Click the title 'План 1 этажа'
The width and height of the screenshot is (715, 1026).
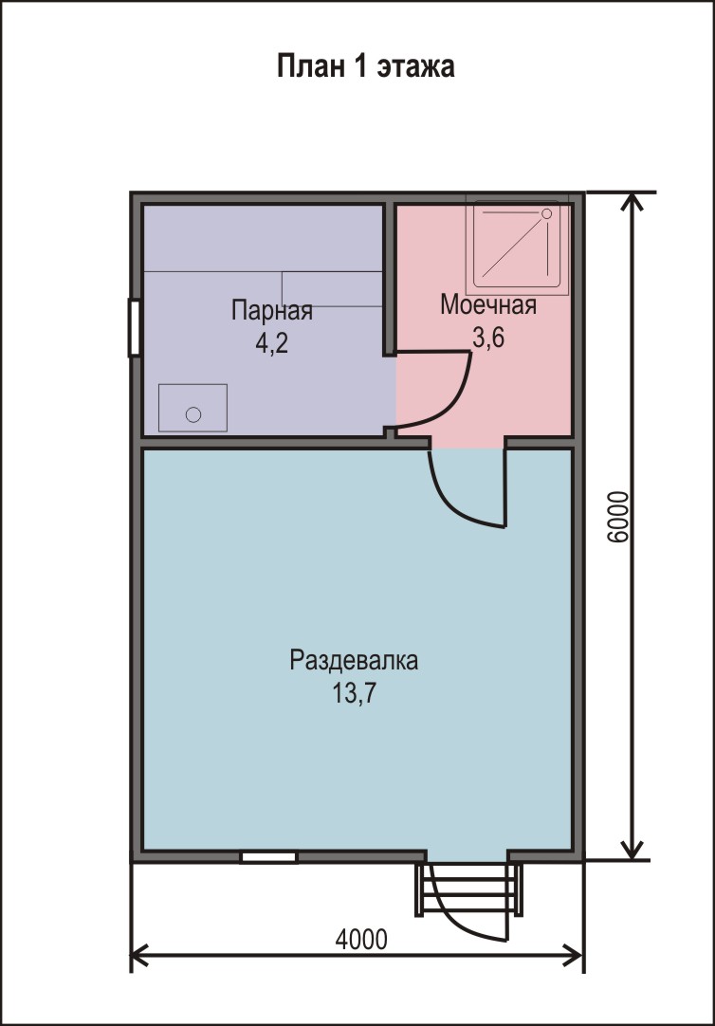pyautogui.click(x=365, y=66)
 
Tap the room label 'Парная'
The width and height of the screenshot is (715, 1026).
pyautogui.click(x=271, y=310)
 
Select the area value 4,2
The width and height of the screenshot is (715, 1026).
pyautogui.click(x=271, y=343)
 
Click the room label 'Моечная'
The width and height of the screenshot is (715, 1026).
pyautogui.click(x=488, y=305)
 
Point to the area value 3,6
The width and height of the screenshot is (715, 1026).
pyautogui.click(x=488, y=338)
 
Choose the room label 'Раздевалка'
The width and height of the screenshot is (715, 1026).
pyautogui.click(x=354, y=660)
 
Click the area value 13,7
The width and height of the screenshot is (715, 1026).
pyautogui.click(x=354, y=693)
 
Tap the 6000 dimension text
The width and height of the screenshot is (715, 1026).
pyautogui.click(x=617, y=517)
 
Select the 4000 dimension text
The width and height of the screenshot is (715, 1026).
pyautogui.click(x=361, y=940)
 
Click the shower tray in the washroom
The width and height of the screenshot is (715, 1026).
pyautogui.click(x=517, y=246)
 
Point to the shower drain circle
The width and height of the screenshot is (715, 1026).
pyautogui.click(x=547, y=214)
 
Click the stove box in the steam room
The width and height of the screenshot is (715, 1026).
pyautogui.click(x=193, y=408)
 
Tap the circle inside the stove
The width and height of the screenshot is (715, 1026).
pyautogui.click(x=193, y=414)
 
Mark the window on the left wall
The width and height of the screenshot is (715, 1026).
pyautogui.click(x=134, y=327)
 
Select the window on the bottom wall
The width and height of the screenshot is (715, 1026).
pyautogui.click(x=269, y=857)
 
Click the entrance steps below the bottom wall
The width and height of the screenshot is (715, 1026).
pyautogui.click(x=469, y=889)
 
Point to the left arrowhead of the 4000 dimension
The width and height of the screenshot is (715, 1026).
pyautogui.click(x=139, y=955)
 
